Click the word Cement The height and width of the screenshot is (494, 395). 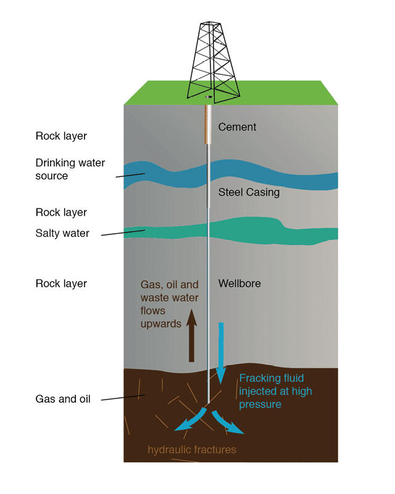click(237, 127)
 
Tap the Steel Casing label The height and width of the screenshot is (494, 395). click(249, 192)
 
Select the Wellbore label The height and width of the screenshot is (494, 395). click(239, 284)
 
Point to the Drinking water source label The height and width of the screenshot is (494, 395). click(70, 169)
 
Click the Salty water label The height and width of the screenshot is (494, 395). click(62, 233)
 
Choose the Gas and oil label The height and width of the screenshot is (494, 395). click(63, 399)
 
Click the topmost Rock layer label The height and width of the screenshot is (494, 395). click(61, 136)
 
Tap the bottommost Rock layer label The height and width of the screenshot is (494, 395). click(61, 284)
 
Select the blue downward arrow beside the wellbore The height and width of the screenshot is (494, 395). click(221, 352)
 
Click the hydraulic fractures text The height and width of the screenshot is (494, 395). click(192, 450)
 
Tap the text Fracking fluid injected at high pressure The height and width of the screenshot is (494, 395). click(275, 391)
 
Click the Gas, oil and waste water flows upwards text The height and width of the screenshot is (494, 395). click(169, 304)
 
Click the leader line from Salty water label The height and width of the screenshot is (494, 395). click(123, 233)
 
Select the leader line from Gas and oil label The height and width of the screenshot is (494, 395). click(123, 398)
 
